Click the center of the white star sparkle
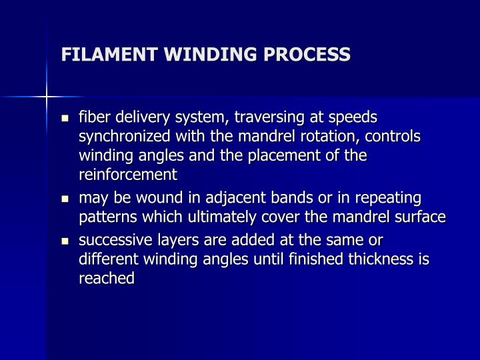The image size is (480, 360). tap(47, 97)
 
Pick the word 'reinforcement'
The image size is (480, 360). tap(128, 175)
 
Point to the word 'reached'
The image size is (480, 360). tap(107, 279)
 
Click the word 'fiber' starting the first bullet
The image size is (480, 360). tap(95, 117)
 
